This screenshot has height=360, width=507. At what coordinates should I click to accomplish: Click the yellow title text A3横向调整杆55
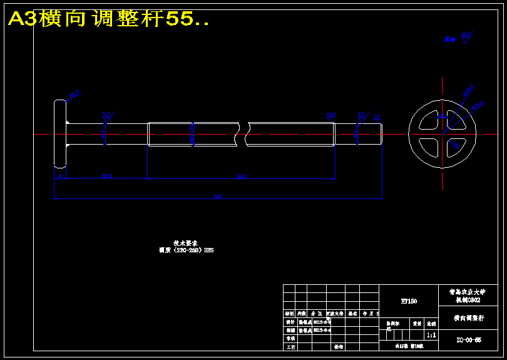[x=108, y=19]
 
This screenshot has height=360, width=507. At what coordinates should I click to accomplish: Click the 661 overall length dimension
[x=218, y=197]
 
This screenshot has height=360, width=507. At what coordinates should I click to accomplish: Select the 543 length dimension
[x=241, y=177]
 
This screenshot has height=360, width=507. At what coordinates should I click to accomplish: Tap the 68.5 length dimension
[x=107, y=177]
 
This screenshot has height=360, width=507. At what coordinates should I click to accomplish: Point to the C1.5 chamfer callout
[x=330, y=115]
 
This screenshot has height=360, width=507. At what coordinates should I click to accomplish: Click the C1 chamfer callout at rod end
[x=377, y=116]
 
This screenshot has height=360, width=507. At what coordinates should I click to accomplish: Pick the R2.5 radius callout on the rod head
[x=74, y=95]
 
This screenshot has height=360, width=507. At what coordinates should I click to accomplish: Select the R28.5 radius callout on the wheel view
[x=477, y=105]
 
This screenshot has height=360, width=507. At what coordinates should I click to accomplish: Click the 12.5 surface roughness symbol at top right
[x=466, y=36]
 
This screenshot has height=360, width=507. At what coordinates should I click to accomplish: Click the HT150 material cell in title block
[x=409, y=301]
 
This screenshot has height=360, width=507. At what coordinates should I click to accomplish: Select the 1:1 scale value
[x=431, y=336]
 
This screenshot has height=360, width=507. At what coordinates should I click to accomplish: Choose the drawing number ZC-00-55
[x=469, y=340]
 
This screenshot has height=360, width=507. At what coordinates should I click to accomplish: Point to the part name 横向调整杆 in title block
[x=469, y=318]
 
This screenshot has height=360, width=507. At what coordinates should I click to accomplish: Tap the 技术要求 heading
[x=186, y=243]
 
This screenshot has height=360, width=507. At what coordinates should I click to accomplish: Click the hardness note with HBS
[x=187, y=250]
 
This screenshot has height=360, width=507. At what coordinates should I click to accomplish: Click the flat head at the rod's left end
[x=59, y=133]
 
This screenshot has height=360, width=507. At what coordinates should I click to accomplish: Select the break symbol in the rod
[x=243, y=133]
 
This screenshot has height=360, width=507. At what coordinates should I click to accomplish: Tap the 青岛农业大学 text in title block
[x=469, y=292]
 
